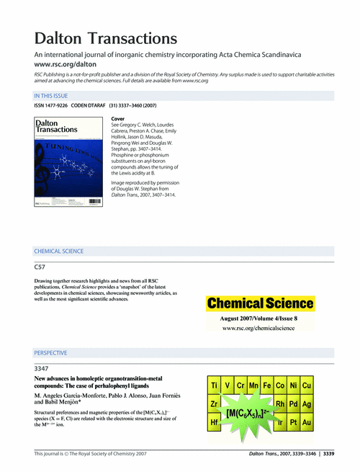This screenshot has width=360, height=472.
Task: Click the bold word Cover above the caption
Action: [119, 117]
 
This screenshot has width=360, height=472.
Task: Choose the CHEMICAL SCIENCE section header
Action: [59, 251]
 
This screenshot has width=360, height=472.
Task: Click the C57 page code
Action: [40, 267]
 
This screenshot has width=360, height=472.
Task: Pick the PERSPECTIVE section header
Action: [51, 353]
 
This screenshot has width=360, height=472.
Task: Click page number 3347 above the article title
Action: [42, 368]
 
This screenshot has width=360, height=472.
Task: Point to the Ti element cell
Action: [215, 386]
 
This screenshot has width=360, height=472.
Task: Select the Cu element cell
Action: [306, 386]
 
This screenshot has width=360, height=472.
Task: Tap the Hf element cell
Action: [215, 421]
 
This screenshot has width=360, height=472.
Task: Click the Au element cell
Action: [306, 421]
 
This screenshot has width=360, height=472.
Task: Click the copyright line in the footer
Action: [91, 454]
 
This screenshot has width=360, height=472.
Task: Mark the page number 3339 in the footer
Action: [328, 454]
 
